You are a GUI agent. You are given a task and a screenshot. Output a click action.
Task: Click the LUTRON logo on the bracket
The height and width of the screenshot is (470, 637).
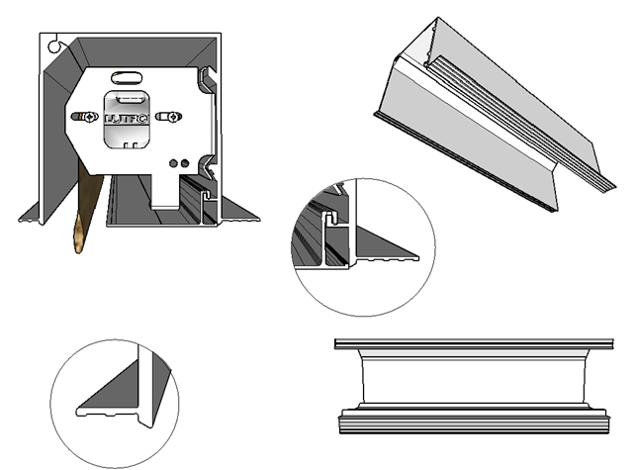click(127, 120)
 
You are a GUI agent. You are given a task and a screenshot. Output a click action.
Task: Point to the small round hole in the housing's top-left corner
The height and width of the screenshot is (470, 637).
click(55, 45)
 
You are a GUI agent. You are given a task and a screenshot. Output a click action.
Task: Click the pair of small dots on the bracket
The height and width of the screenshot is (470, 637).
click(178, 162)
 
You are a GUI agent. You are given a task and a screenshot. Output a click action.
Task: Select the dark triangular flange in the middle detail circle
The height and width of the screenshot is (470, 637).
click(381, 241)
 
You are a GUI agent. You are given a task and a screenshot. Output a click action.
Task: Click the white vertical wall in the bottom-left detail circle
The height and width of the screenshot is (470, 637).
click(147, 386)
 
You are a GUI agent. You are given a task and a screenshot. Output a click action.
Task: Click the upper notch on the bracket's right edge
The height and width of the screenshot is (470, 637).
click(209, 81)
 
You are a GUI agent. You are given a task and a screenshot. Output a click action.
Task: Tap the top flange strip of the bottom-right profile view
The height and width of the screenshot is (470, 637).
click(469, 344)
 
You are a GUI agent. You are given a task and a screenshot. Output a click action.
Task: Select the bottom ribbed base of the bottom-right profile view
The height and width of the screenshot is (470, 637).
click(469, 423)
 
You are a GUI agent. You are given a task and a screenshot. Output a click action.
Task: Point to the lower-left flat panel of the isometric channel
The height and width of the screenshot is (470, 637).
click(445, 148)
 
